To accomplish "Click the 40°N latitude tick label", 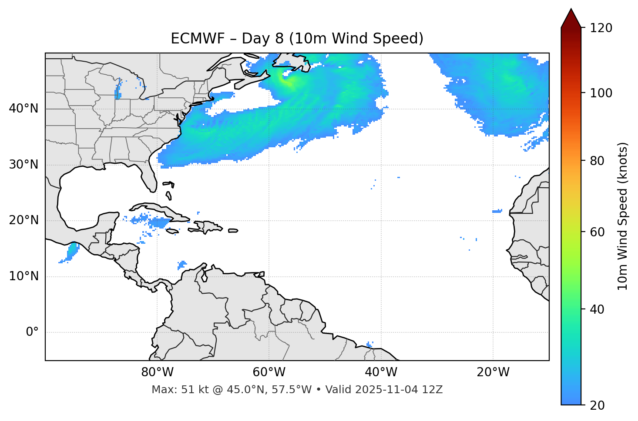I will pos(24,109).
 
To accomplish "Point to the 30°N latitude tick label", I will pos(24,165).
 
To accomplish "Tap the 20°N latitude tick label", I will pos(24,220).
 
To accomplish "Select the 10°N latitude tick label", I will pos(24,276).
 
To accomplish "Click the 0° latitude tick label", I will pos(32,332).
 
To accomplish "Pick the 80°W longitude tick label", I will pos(157,372).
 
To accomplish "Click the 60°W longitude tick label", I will pos(269,372).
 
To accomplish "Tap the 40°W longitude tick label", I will pos(381,372).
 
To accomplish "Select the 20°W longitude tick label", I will pos(493,372).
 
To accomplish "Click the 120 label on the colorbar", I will pos(601,28).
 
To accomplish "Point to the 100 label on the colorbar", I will pos(601,93).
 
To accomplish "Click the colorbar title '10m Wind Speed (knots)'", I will pos(623,216).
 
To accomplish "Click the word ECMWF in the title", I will pos(198,39).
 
